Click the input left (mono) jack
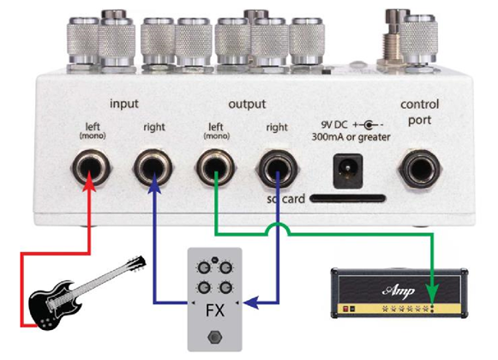pos(91,167)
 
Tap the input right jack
pos(153,167)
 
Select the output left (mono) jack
pos(216,167)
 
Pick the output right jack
pos(278,168)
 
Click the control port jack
pos(420,170)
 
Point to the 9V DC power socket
pos(348,171)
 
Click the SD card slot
pos(347,199)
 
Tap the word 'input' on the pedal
pos(124,104)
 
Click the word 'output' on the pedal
pos(247,104)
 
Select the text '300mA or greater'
pos(351,137)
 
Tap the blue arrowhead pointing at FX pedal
pos(253,303)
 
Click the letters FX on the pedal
pos(215,310)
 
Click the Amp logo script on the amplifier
pos(399,291)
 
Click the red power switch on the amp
pos(346,309)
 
